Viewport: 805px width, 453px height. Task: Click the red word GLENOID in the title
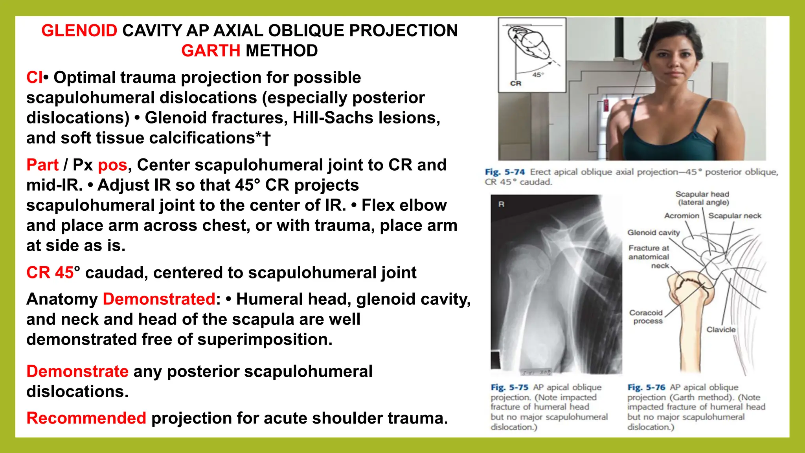tap(79, 31)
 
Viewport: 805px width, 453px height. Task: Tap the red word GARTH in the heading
tap(211, 51)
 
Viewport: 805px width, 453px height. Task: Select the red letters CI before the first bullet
tap(34, 77)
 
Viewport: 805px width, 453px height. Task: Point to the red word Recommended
tap(86, 418)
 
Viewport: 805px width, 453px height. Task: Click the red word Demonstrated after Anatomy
tap(159, 299)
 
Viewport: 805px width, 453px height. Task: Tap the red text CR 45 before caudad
tap(50, 273)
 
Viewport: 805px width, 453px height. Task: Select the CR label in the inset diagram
tap(515, 83)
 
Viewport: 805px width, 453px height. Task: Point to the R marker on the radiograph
tap(501, 204)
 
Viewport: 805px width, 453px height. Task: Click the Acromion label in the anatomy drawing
tap(682, 215)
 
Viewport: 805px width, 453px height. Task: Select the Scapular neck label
tap(735, 215)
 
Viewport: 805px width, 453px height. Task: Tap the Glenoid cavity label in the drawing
tap(653, 232)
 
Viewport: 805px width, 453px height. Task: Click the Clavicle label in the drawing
tap(721, 330)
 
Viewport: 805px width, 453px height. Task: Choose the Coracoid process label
tap(646, 317)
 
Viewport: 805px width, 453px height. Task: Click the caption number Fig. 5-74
tap(505, 172)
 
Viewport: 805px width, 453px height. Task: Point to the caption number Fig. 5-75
tap(509, 387)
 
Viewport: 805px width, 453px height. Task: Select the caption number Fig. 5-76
tap(646, 387)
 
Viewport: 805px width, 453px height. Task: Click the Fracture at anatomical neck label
tap(649, 257)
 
